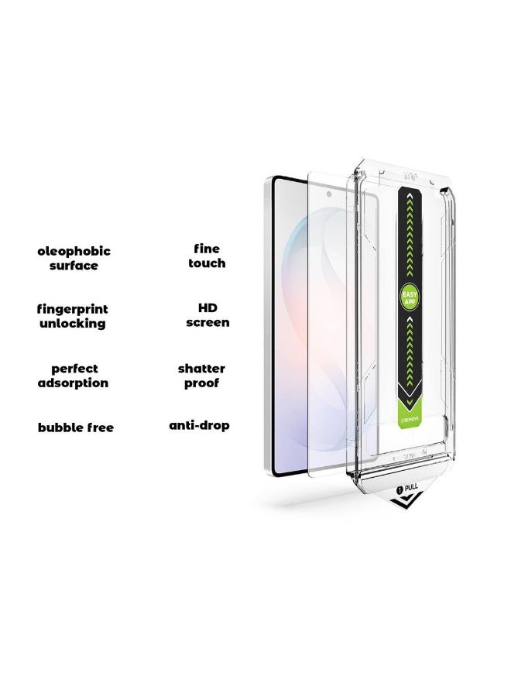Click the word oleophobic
(75, 251)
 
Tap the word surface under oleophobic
(75, 266)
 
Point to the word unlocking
(73, 324)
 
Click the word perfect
(74, 369)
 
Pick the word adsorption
(73, 383)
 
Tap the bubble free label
(75, 427)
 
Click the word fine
(207, 249)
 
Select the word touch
(207, 263)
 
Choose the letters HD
(207, 307)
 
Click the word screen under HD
(207, 322)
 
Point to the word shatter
(201, 369)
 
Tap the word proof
(201, 383)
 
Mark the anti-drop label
(200, 426)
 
